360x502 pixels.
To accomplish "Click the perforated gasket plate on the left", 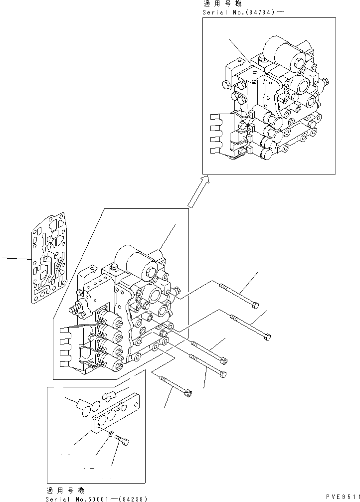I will click(49, 258).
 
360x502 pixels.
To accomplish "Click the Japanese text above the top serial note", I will click(221, 4).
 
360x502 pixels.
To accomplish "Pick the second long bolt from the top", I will click(250, 325).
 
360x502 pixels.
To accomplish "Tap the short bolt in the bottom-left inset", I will click(122, 440).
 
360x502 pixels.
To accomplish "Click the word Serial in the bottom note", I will click(55, 499).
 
